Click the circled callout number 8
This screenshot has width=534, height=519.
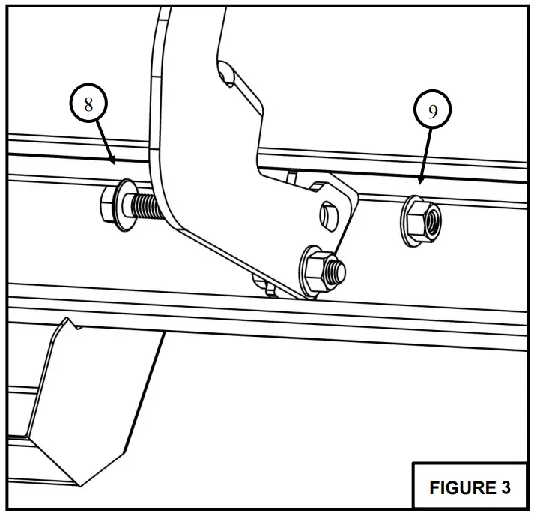(88, 104)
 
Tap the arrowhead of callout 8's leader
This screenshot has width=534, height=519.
(112, 160)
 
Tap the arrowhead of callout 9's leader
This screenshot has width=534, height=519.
(421, 181)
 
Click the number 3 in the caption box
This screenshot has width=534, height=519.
(505, 487)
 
